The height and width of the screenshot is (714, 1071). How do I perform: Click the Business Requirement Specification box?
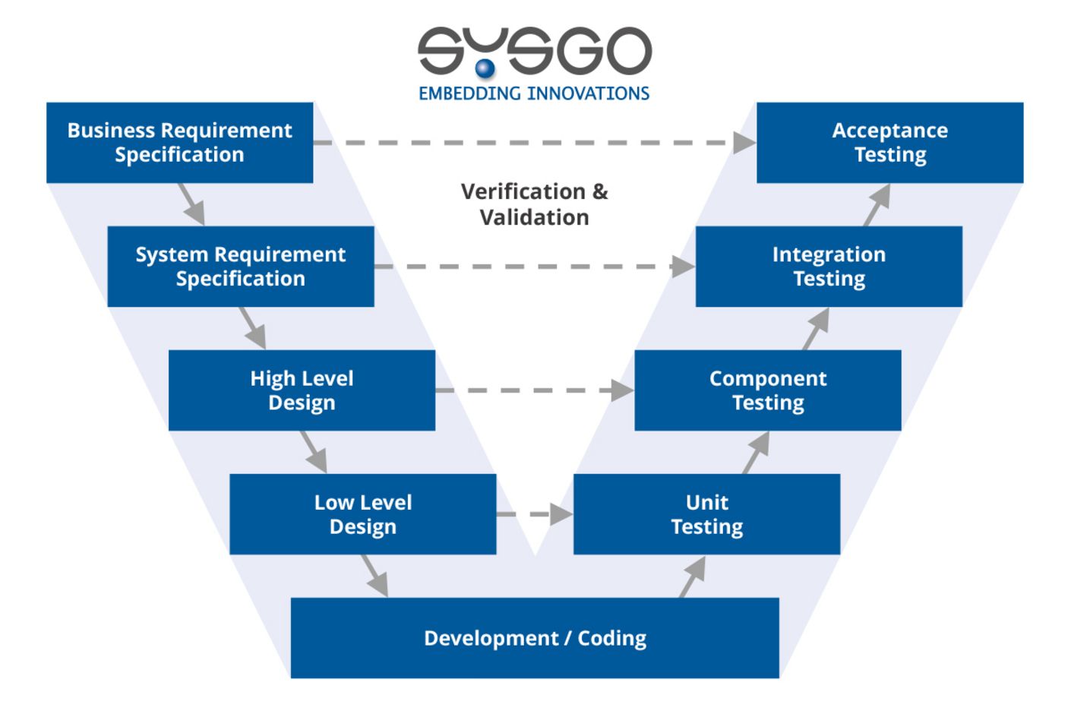[x=180, y=143]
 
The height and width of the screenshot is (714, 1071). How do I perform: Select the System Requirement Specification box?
[x=241, y=267]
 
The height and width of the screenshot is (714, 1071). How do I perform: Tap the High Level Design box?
[x=302, y=390]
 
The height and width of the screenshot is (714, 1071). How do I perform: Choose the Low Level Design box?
[x=363, y=514]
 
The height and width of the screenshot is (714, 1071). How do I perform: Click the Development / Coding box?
[x=535, y=638]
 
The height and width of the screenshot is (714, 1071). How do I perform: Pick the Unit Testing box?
[x=706, y=514]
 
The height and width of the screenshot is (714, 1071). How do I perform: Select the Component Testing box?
[x=768, y=390]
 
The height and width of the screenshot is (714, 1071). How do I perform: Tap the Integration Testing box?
[x=829, y=267]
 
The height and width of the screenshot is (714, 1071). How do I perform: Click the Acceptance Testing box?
[x=890, y=143]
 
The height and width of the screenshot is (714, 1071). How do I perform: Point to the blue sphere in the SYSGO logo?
[x=485, y=68]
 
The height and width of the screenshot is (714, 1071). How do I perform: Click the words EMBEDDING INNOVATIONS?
[x=534, y=93]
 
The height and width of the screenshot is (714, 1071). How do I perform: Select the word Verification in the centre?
[x=523, y=191]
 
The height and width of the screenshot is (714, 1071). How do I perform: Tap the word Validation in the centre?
[x=535, y=217]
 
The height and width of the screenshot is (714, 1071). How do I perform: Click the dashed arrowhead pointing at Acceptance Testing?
[x=744, y=143]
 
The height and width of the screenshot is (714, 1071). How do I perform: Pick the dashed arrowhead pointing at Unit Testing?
[x=561, y=514]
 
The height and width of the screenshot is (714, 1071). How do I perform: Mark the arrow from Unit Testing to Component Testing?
[x=756, y=453]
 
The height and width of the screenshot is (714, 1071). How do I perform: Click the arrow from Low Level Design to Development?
[x=375, y=576]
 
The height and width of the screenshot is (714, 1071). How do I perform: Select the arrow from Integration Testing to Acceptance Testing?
[x=877, y=204]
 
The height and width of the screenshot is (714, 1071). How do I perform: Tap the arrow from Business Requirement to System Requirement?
[x=191, y=204]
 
